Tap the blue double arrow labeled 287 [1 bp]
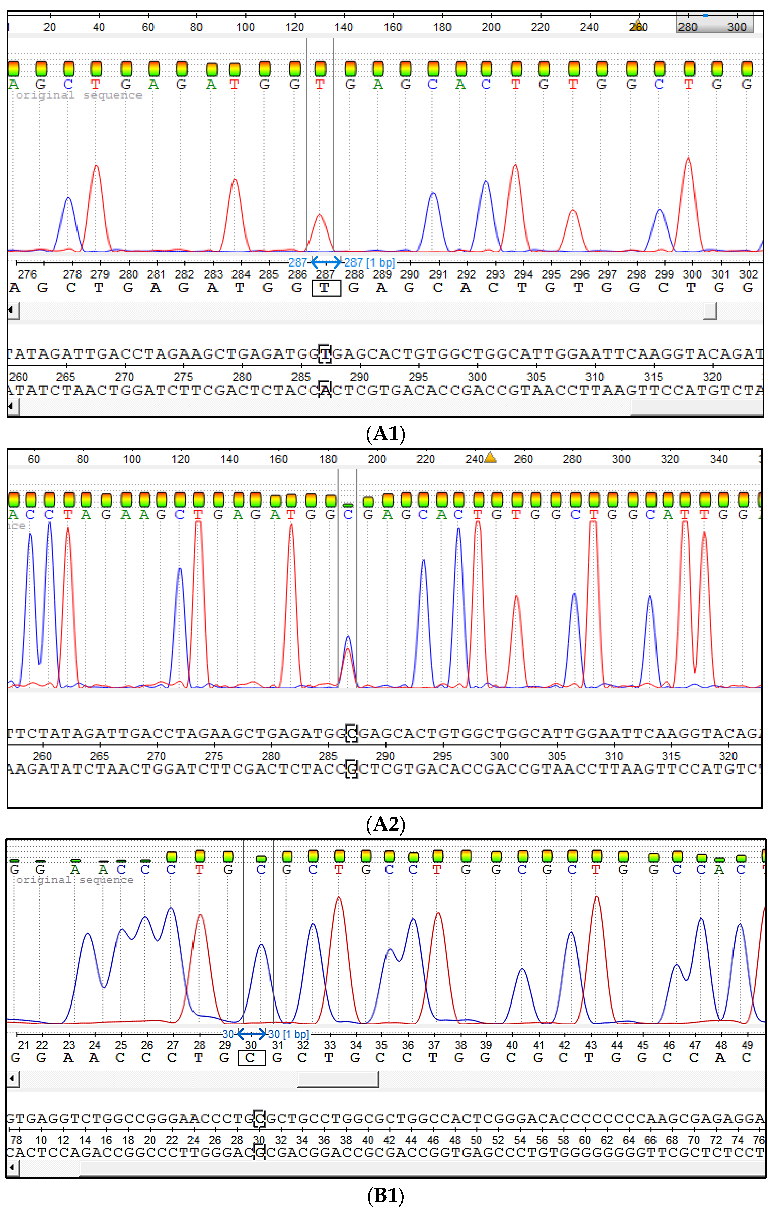(326, 262)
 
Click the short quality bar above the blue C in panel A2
(348, 504)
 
